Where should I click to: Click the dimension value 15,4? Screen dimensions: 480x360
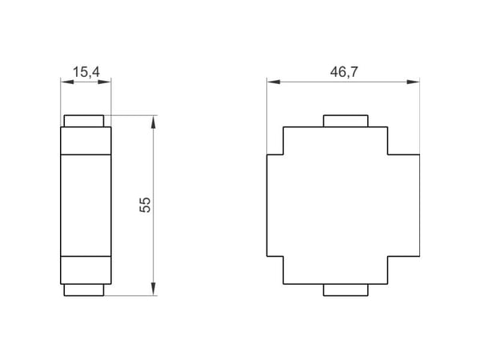86,72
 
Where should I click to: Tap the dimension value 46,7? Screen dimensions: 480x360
344,72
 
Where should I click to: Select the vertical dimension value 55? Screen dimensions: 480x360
145,205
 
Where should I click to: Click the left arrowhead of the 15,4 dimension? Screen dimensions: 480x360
67,82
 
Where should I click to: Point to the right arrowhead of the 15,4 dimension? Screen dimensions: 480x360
104,82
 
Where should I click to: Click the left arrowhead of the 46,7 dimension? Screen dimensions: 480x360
274,82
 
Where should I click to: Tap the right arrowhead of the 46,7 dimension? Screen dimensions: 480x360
413,82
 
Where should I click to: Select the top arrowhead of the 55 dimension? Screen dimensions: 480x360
154,122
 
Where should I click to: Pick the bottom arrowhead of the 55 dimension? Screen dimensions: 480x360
154,289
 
